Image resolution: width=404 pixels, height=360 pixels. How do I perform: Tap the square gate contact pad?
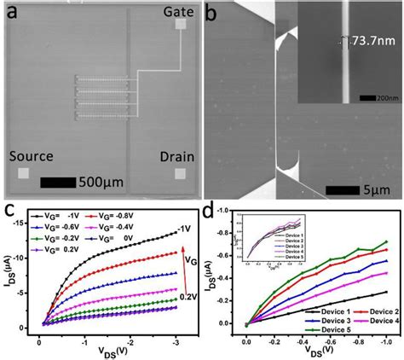click(180, 26)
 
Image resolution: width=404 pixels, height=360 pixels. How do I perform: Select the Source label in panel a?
click(31, 156)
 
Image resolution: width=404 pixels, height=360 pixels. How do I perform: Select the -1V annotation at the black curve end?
click(184, 229)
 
